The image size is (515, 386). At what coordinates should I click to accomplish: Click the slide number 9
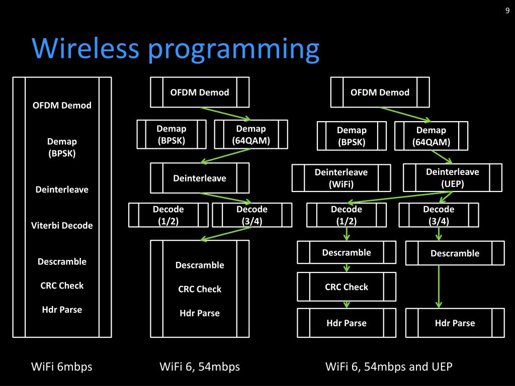(x=507, y=11)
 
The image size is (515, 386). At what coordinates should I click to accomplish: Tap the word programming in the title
(x=233, y=50)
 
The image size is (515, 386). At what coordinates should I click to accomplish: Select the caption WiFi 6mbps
(x=62, y=366)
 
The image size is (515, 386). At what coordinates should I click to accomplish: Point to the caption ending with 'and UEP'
(x=389, y=366)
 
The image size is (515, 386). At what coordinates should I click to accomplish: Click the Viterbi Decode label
(x=62, y=226)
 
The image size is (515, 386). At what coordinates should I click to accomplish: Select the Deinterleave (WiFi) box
(x=341, y=178)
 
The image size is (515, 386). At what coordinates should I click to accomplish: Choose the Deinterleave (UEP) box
(x=453, y=177)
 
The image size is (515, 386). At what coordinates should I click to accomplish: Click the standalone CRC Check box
(x=347, y=286)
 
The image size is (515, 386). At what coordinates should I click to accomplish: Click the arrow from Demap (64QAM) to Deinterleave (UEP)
(x=442, y=157)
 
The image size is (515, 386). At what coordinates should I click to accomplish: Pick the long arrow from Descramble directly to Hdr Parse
(x=439, y=286)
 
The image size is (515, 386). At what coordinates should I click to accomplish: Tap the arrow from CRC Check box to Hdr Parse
(x=347, y=305)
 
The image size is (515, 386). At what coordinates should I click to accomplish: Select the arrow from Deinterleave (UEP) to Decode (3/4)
(x=446, y=197)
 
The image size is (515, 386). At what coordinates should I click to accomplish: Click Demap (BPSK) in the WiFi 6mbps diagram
(x=62, y=147)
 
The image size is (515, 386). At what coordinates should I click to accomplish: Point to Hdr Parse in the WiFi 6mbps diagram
(x=62, y=310)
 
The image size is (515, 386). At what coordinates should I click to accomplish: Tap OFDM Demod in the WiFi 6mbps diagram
(x=62, y=106)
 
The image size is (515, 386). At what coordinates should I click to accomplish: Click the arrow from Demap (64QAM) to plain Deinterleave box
(x=226, y=156)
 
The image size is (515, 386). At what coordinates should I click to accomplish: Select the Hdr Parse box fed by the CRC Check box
(x=347, y=323)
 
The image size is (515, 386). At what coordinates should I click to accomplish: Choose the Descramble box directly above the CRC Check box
(x=347, y=252)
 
